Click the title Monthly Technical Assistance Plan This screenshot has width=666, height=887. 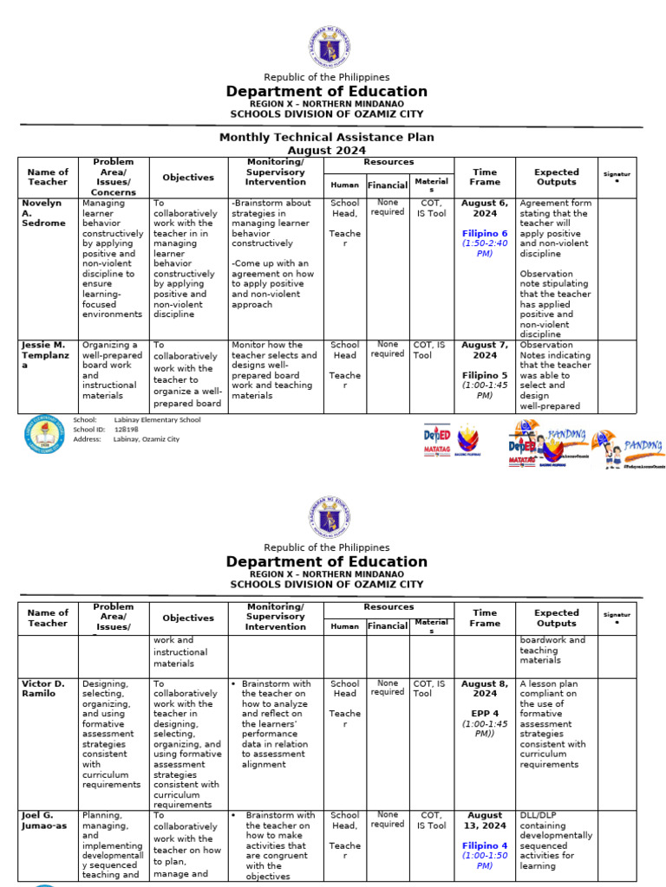(326, 137)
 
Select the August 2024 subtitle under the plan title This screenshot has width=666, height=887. (326, 150)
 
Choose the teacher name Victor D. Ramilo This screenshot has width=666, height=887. (43, 689)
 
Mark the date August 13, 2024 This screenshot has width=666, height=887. (485, 820)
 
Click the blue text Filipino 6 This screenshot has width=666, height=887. (485, 234)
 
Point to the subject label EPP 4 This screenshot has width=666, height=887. (485, 715)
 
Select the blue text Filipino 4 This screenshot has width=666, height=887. (485, 845)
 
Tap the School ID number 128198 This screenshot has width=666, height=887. (127, 430)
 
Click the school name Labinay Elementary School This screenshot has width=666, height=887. (157, 420)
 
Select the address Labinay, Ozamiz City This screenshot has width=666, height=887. (147, 439)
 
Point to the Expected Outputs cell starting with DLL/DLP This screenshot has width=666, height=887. (556, 839)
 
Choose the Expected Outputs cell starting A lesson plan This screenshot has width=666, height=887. (554, 724)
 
